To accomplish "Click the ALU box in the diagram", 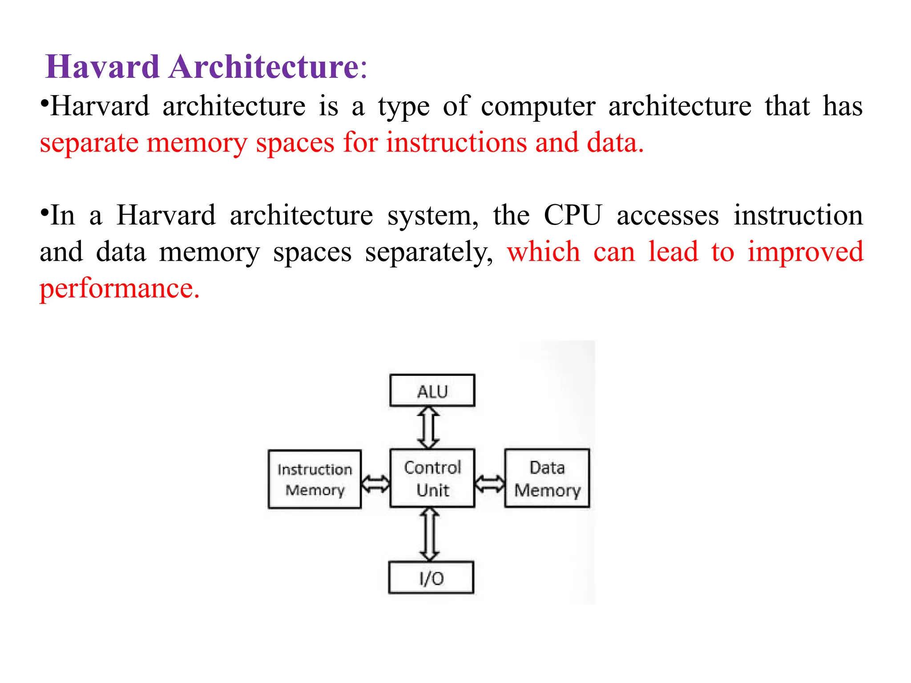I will tap(432, 390).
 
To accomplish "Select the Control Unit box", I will tap(432, 478).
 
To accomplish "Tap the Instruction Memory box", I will tap(314, 479).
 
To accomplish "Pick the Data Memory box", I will tap(547, 478).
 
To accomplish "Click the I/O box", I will tap(431, 578).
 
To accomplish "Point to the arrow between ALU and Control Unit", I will tap(428, 428).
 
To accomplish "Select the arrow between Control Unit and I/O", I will tap(429, 534).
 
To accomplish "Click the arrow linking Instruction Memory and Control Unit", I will tap(375, 483).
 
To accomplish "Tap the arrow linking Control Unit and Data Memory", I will tap(490, 483).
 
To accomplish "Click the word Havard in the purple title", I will tap(102, 67).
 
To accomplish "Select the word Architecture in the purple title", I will tap(264, 67).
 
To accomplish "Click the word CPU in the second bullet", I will tap(572, 215).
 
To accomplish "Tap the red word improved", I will tap(805, 252).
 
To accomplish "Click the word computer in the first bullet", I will tap(538, 107).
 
